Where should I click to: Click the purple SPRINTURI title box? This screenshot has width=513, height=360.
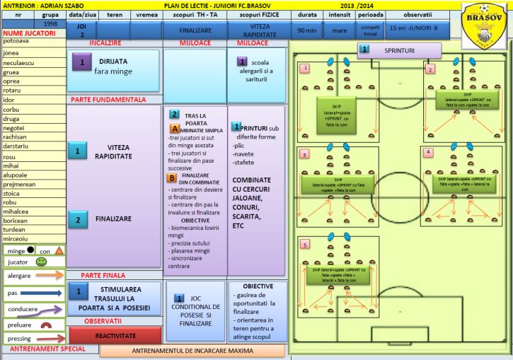click(x=400, y=50)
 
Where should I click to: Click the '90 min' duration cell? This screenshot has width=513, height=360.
click(x=307, y=30)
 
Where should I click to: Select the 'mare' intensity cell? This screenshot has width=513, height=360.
click(x=340, y=30)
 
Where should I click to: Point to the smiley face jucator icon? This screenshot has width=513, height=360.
click(x=41, y=261)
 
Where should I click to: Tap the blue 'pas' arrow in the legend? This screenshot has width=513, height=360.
click(x=47, y=292)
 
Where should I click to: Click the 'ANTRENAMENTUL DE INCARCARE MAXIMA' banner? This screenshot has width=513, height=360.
click(x=192, y=350)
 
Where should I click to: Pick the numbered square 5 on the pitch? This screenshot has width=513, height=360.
click(x=305, y=245)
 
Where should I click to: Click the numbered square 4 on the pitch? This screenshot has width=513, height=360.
click(x=428, y=152)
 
